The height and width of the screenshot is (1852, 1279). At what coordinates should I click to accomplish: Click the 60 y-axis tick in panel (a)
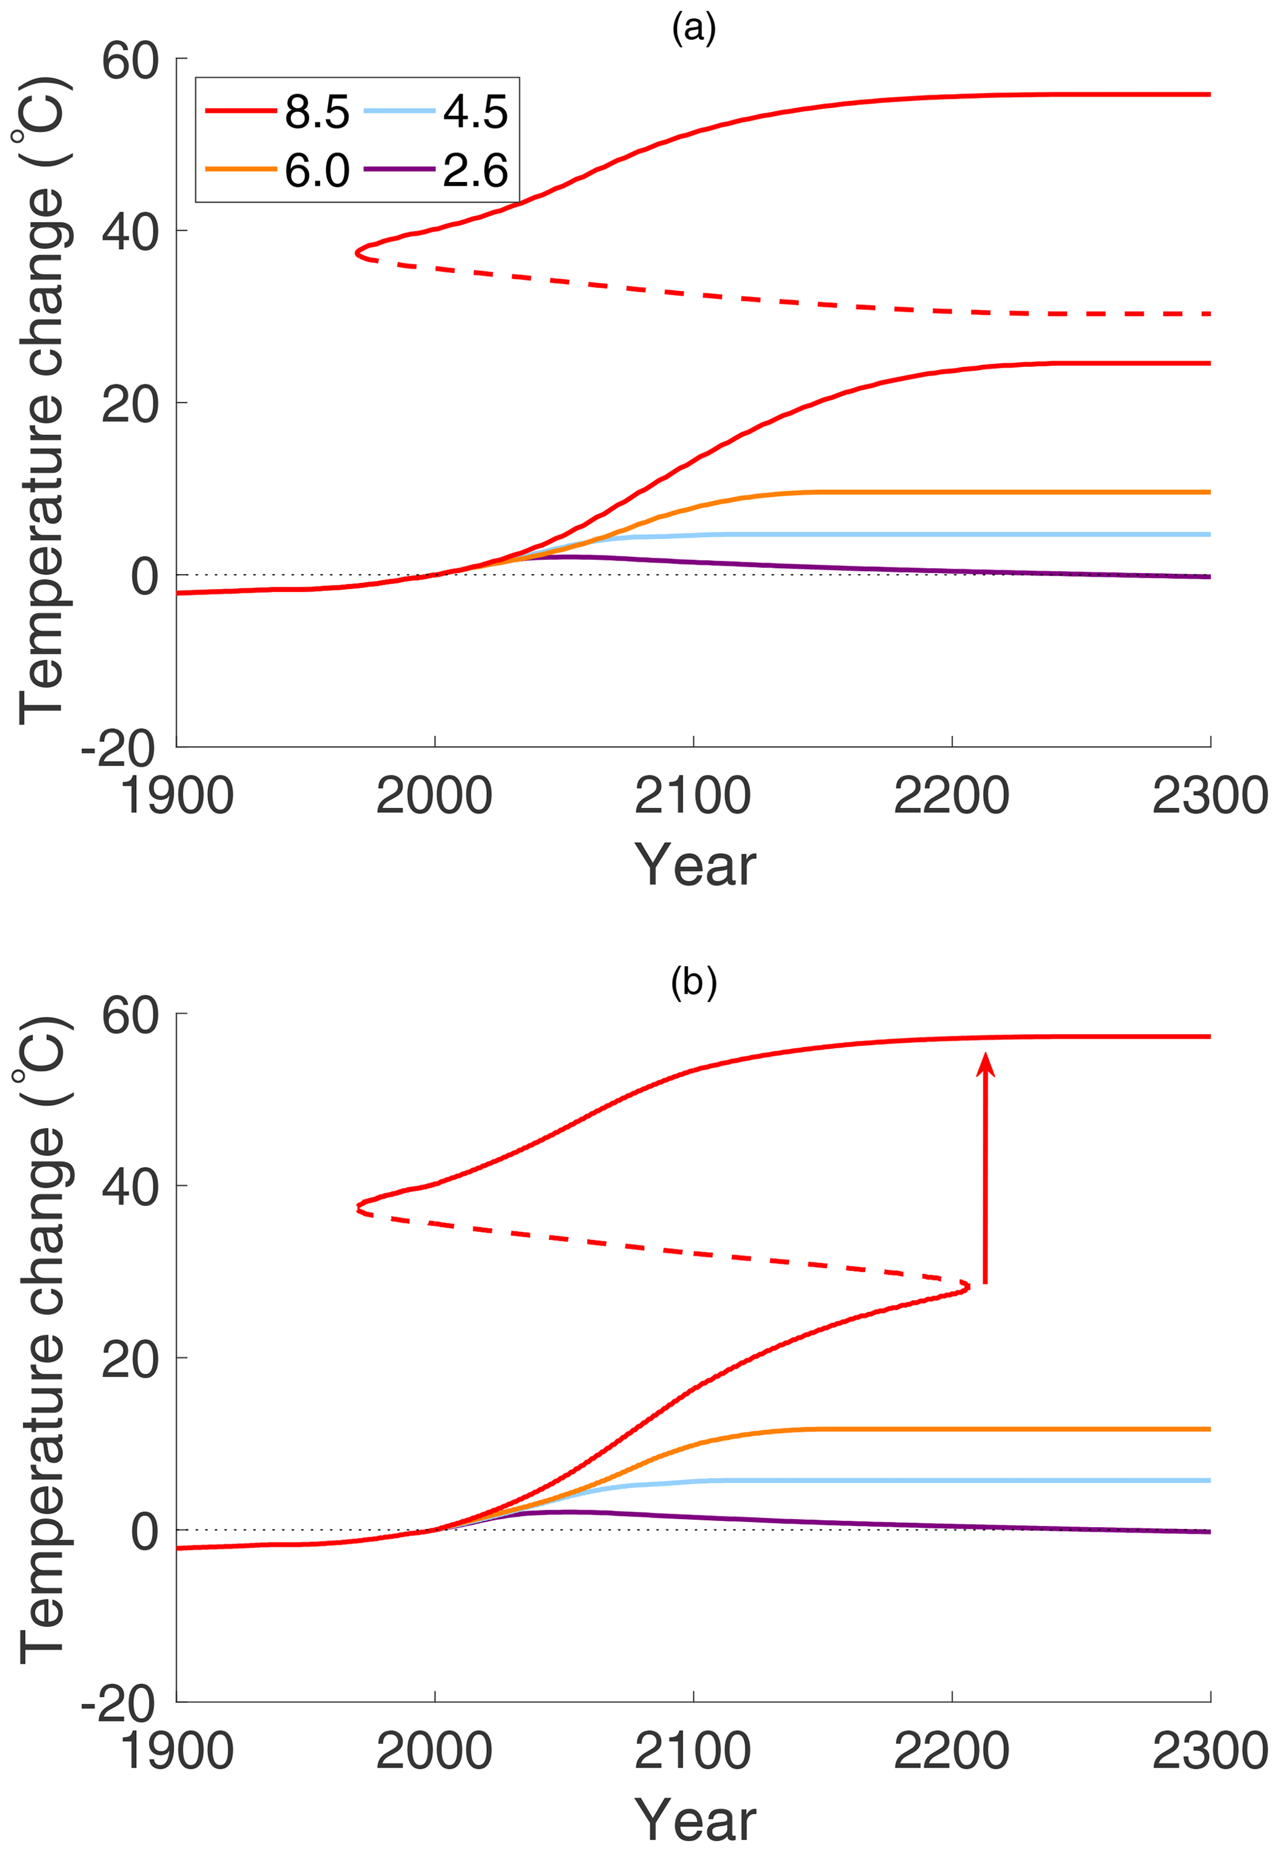pyautogui.click(x=130, y=60)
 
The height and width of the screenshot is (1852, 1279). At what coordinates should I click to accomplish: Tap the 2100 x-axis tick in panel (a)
pyautogui.click(x=693, y=796)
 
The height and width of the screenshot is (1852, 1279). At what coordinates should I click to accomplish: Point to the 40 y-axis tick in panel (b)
pyautogui.click(x=130, y=1187)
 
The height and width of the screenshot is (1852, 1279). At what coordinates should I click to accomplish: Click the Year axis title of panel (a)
pyautogui.click(x=695, y=866)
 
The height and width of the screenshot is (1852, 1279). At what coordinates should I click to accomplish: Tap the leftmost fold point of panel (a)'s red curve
pyautogui.click(x=358, y=253)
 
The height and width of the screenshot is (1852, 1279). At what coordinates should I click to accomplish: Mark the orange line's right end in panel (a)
pyautogui.click(x=1209, y=492)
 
